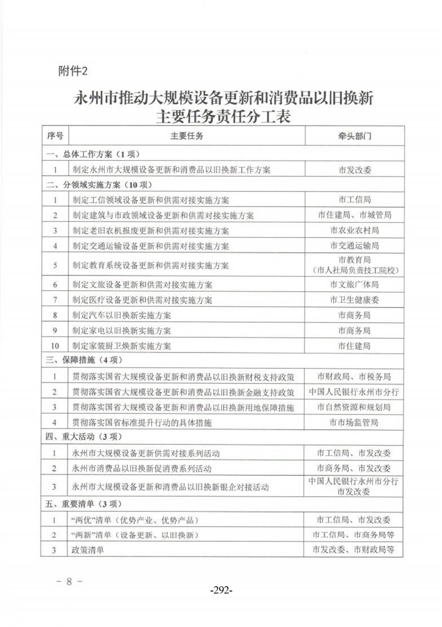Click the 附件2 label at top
74,71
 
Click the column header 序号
55,136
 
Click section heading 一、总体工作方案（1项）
93,154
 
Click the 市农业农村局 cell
355,231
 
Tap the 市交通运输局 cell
355,246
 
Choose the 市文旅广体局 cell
355,285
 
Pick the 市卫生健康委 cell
355,300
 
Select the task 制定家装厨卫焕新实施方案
121,346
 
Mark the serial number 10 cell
55,346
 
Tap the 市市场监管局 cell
355,422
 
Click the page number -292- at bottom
221,590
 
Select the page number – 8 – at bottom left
70,581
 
